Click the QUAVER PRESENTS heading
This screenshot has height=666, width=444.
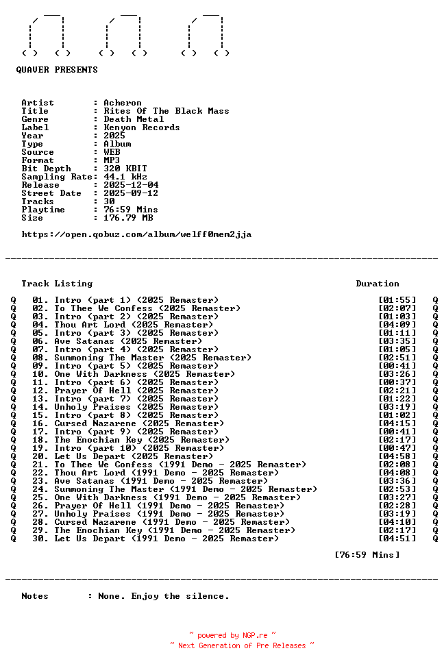click(x=57, y=70)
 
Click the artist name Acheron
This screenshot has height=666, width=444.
click(x=123, y=103)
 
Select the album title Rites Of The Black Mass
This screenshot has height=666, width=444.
click(x=166, y=111)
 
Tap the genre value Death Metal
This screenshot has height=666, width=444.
click(x=134, y=119)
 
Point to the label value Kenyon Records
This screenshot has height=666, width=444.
click(x=142, y=127)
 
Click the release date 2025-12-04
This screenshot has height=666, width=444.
click(x=131, y=185)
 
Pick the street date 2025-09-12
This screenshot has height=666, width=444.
click(x=131, y=193)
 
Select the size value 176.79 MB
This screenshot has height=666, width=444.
click(x=128, y=218)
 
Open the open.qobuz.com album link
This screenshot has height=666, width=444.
click(x=136, y=234)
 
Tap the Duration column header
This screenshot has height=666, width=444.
click(x=378, y=284)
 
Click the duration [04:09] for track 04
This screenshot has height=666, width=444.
click(x=397, y=325)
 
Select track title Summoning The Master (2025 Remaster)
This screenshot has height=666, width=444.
click(x=153, y=358)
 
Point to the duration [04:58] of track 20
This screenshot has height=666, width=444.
click(x=397, y=456)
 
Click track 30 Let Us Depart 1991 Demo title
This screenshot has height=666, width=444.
click(x=166, y=539)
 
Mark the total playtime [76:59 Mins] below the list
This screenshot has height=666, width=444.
click(x=367, y=555)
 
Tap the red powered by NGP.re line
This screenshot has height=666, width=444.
click(x=233, y=636)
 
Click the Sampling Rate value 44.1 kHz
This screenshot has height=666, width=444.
click(x=125, y=177)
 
